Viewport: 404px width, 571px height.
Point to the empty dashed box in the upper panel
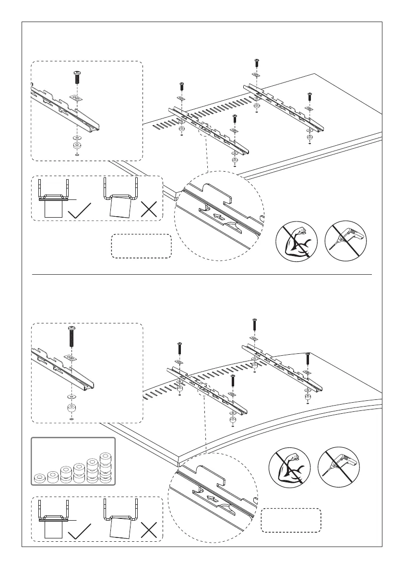(x=142, y=246)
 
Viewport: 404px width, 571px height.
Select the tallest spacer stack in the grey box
(x=105, y=467)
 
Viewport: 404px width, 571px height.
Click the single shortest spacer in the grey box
(x=40, y=478)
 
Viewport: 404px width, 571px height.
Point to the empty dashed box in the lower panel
(x=291, y=520)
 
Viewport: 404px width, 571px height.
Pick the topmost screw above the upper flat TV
(x=256, y=62)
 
